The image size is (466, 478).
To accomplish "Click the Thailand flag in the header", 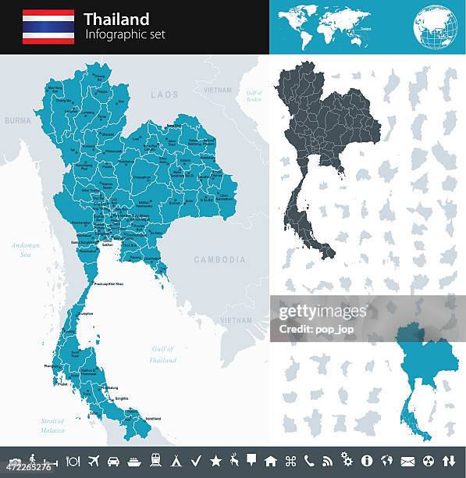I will point(48,27).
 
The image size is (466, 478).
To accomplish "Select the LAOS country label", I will point(165,95).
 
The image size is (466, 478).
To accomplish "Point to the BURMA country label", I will point(17,121).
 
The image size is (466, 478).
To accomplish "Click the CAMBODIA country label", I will point(219,260).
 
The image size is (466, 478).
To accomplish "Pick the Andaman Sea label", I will point(25,249).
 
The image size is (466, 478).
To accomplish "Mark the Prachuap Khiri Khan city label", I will point(108,284).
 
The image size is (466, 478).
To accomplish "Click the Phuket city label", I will point(63,383).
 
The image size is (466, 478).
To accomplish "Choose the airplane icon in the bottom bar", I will point(94,461).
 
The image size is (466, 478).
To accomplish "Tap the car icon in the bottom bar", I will point(114,461).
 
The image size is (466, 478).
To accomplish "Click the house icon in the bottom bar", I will point(271,461).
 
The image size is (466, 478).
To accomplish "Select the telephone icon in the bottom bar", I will point(309,461).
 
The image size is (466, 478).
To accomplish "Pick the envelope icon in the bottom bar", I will point(407,461).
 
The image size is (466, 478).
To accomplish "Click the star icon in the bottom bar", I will point(215,461).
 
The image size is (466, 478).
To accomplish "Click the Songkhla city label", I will point(122,398).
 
